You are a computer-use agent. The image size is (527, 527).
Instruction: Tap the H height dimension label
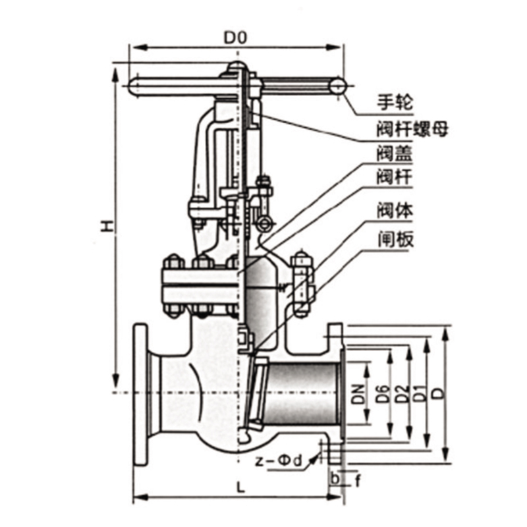click(x=107, y=227)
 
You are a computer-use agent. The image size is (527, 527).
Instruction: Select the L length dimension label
click(x=240, y=487)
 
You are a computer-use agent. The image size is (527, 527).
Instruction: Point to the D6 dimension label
click(x=383, y=393)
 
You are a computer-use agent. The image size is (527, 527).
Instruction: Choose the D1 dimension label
click(x=420, y=393)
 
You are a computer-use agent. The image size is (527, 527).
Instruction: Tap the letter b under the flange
click(x=335, y=479)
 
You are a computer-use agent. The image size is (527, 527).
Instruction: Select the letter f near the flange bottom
click(x=358, y=481)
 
